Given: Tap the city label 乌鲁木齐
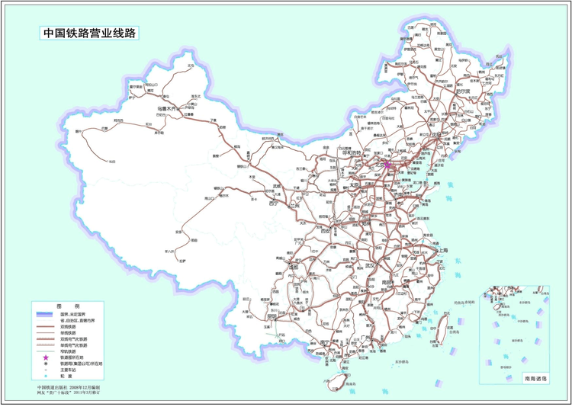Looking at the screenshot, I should click(166, 109).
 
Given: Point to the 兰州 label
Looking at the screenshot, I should click(294, 206).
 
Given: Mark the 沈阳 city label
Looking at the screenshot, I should click(437, 135).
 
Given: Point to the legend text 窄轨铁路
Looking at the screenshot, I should click(71, 350).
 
